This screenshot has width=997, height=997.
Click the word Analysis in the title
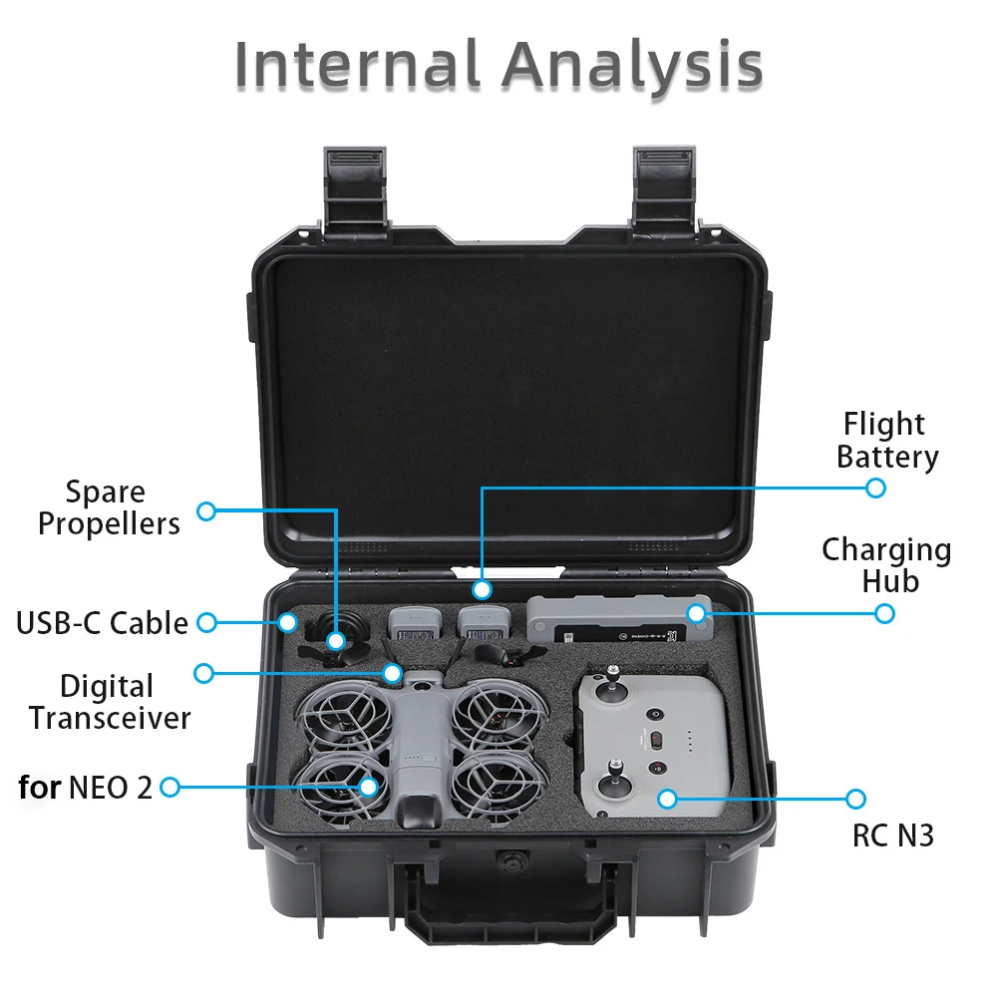pos(632,67)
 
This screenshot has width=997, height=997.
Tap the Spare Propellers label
pos(109,507)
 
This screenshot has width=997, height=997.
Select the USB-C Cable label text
pos(102,623)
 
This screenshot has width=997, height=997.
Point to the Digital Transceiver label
pos(109,701)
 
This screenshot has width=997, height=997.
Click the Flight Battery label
pos(886,440)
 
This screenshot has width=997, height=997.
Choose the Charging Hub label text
pos(886,564)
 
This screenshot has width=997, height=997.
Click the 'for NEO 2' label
pos(86,788)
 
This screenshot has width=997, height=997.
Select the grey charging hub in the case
pos(619,623)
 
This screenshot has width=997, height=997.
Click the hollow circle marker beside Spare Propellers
pos(206,511)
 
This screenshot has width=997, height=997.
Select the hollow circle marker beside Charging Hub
pos(884,613)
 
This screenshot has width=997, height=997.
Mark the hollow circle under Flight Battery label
pos(875,488)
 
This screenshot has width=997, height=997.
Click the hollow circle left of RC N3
pos(854,799)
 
